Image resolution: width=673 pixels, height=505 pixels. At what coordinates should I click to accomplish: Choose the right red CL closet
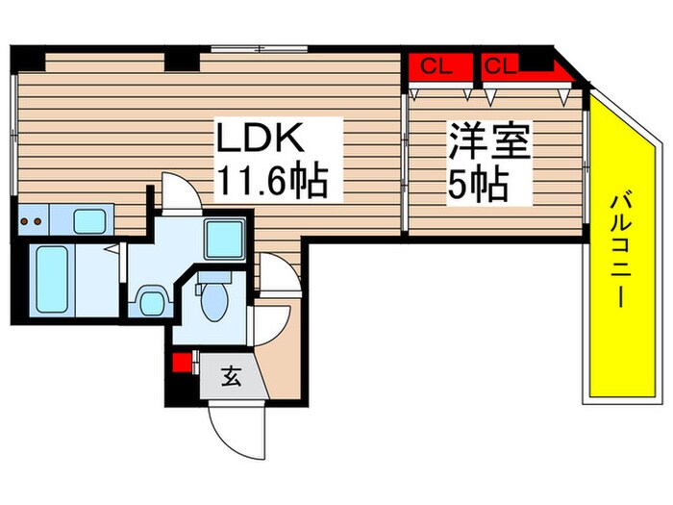501,66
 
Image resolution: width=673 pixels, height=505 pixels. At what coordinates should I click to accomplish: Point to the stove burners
32,220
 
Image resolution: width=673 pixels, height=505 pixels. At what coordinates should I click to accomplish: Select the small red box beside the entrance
178,364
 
